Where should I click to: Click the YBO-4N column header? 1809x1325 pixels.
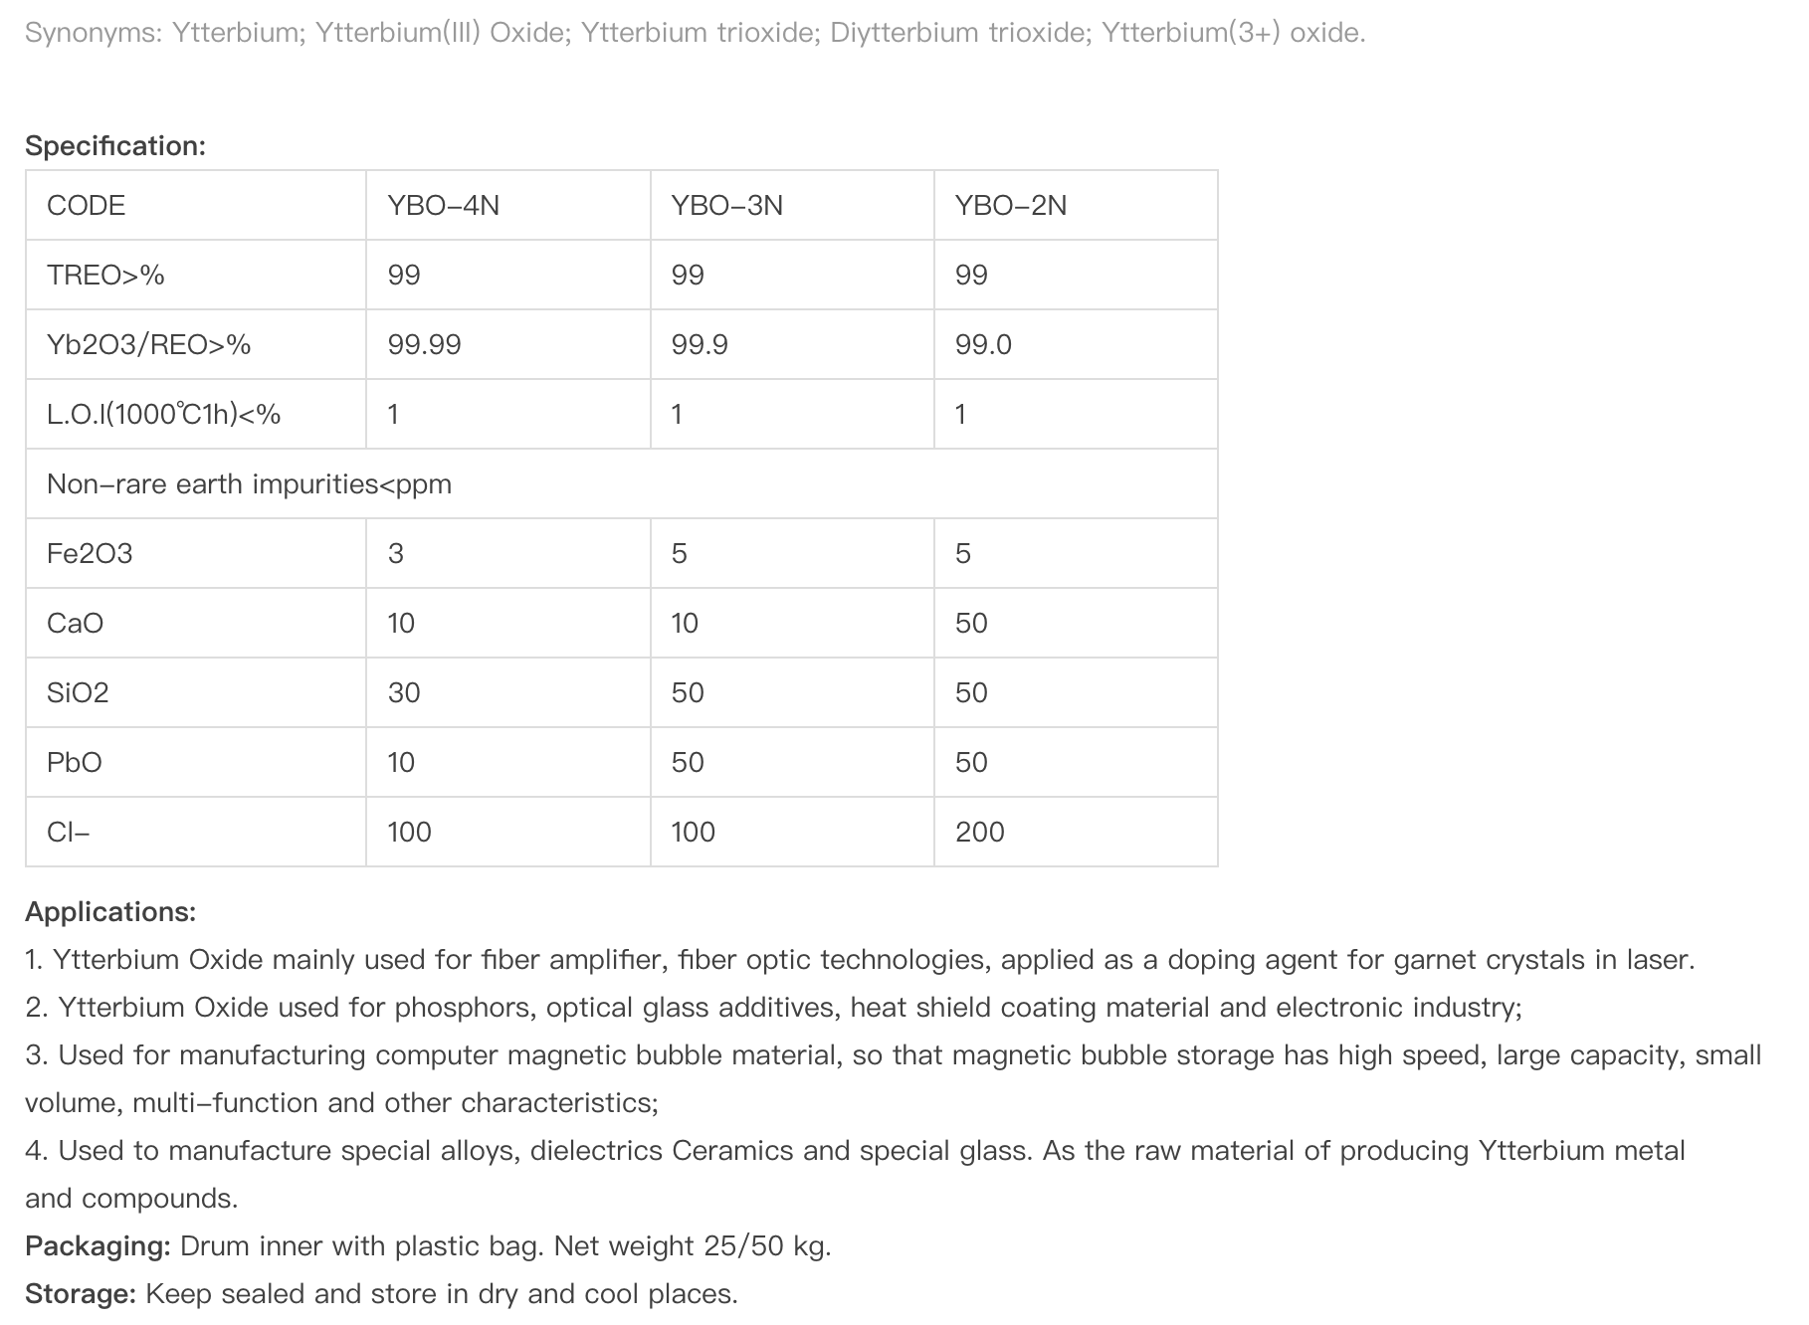point(444,205)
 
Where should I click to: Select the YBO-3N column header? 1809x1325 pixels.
point(727,205)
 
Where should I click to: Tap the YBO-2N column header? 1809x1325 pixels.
point(1011,205)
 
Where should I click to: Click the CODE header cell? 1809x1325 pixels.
point(87,205)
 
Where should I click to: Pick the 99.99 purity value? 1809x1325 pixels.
point(425,344)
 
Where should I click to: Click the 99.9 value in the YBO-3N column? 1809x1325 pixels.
point(700,344)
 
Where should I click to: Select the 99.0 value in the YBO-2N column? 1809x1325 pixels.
point(983,344)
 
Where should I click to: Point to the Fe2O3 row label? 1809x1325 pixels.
point(90,553)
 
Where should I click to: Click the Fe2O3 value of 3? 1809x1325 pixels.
point(396,553)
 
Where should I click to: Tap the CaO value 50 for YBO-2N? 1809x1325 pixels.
point(971,623)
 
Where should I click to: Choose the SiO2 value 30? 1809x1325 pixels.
point(404,692)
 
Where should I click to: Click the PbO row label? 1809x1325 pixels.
point(75,762)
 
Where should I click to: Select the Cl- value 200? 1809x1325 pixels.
point(980,832)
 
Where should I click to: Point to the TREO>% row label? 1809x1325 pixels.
point(105,275)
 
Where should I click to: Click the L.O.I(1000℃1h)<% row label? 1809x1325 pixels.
point(164,414)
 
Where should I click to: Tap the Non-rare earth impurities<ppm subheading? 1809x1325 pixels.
point(249,483)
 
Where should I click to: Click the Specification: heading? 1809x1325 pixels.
point(115,146)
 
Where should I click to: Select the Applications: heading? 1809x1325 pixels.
point(110,911)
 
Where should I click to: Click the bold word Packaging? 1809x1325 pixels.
point(98,1245)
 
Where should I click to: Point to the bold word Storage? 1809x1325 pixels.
point(81,1293)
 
